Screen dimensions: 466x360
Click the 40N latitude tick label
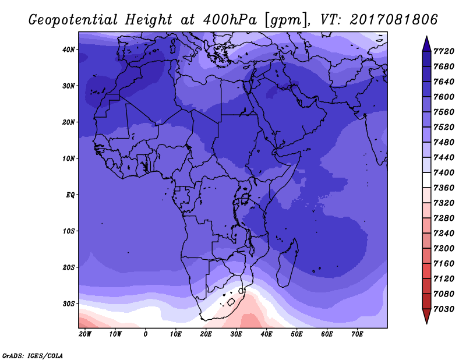[68, 50]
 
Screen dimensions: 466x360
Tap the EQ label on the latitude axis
[70, 195]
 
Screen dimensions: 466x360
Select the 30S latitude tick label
[68, 304]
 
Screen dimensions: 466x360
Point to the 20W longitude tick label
[85, 334]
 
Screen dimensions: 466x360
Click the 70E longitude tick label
[357, 334]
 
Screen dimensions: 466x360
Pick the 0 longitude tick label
[145, 334]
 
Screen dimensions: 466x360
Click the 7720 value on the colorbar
[444, 51]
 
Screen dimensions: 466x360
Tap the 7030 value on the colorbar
[444, 309]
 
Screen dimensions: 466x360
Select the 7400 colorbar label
[444, 172]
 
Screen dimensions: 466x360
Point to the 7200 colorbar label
[444, 248]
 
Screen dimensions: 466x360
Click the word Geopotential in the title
[73, 20]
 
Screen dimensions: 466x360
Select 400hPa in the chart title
[230, 20]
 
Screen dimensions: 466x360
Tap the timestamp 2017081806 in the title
[394, 20]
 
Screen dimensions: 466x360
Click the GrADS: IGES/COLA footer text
[33, 356]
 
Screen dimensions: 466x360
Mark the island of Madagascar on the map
[288, 263]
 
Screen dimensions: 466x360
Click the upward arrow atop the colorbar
[426, 44]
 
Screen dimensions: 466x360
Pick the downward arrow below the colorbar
[426, 316]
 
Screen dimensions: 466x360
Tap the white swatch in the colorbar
[426, 180]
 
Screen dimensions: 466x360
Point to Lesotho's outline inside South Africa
[231, 302]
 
